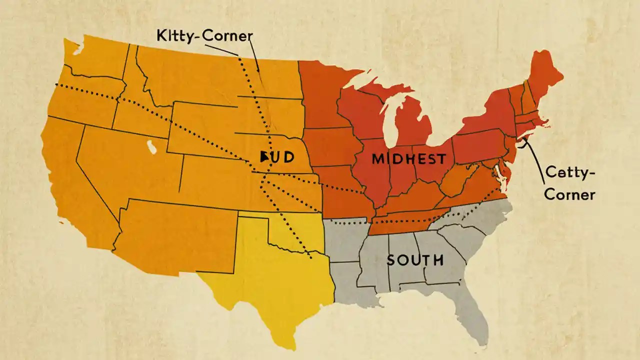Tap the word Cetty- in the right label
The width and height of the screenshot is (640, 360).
tap(569, 173)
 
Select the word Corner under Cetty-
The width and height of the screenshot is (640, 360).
tap(569, 194)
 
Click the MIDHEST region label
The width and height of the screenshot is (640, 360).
tap(408, 159)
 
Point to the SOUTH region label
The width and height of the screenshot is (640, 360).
tap(414, 260)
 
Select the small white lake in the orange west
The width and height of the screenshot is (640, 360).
tap(150, 146)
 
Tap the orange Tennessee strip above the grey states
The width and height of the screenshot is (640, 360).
tap(405, 220)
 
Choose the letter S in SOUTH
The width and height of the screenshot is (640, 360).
tap(391, 260)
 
